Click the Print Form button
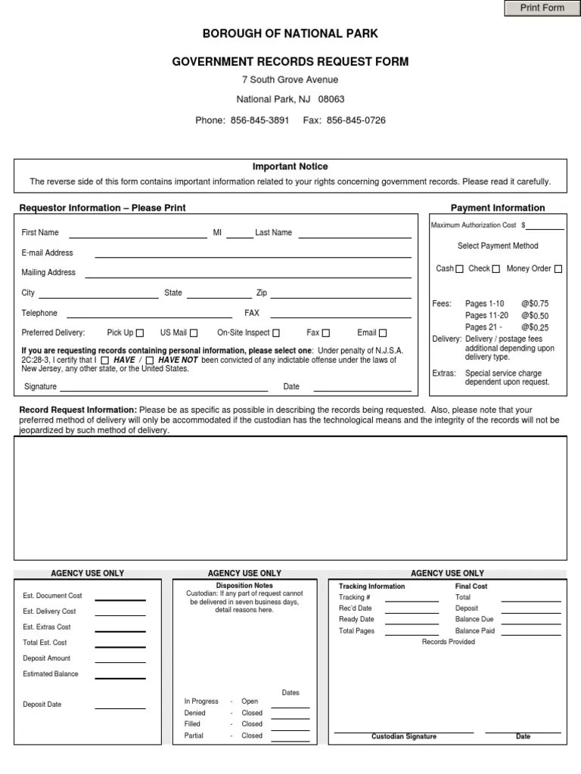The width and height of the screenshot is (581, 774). tap(542, 8)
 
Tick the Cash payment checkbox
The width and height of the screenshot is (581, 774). tap(459, 269)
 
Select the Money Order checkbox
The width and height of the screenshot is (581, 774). tap(558, 269)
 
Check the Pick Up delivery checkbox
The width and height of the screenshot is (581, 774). tap(140, 333)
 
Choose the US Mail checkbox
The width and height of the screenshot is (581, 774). tap(194, 333)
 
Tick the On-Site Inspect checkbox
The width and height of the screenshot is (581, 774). tap(276, 333)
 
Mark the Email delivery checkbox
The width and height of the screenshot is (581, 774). tap(383, 333)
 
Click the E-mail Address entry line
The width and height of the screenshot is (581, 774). tap(253, 256)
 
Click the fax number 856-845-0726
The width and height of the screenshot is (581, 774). tap(356, 120)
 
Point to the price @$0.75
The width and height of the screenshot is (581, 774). tap(535, 304)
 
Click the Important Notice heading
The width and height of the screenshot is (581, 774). tap(290, 167)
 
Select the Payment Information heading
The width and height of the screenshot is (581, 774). tap(498, 208)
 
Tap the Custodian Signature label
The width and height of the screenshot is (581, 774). tap(404, 736)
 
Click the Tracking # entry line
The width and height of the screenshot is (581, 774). tap(412, 600)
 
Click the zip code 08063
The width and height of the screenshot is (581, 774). tap(331, 100)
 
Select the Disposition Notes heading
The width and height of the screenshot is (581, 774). tap(244, 586)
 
